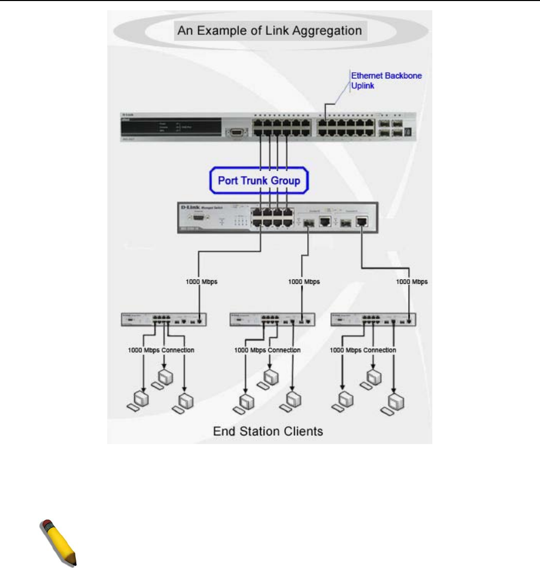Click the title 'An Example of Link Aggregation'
tap(270, 31)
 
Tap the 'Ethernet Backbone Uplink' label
tap(386, 81)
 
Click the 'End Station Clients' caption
tap(268, 431)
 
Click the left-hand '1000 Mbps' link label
tap(202, 282)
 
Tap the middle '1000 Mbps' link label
tap(305, 282)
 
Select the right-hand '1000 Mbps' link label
tap(412, 282)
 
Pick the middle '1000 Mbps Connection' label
tap(267, 350)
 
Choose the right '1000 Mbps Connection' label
tap(363, 350)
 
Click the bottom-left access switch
tap(163, 320)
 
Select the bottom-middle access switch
tap(271, 320)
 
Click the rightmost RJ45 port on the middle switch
tap(363, 221)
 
